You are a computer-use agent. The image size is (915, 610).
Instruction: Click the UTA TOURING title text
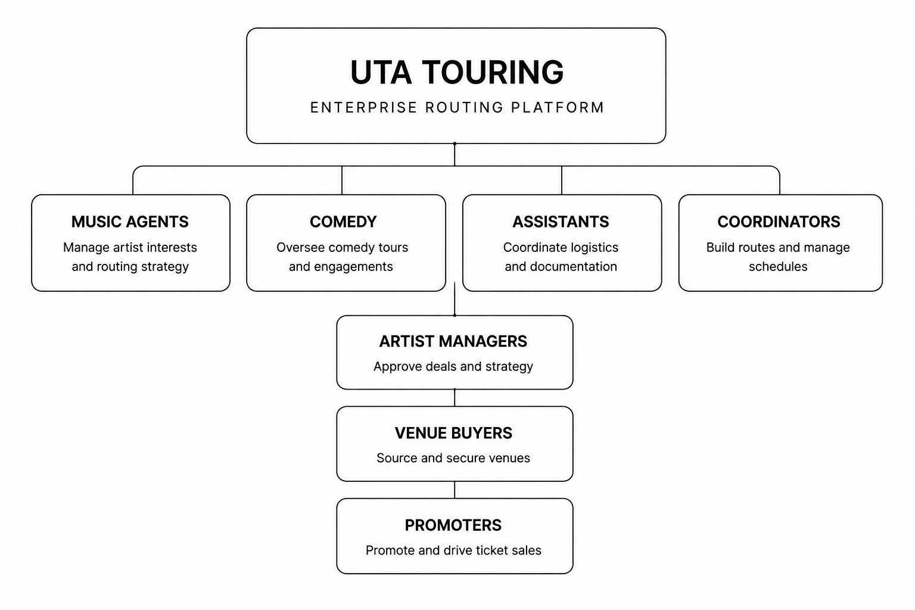(457, 72)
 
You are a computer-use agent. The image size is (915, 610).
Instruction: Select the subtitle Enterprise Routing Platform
(457, 107)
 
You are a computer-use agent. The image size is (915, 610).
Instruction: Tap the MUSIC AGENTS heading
(130, 222)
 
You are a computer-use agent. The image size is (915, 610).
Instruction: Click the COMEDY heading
(343, 222)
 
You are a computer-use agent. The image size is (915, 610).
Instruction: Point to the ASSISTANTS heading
(561, 222)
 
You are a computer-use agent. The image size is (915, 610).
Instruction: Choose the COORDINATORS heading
(779, 222)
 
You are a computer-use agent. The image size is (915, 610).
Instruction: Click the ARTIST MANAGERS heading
(453, 341)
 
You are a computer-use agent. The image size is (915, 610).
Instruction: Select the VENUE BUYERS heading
(453, 433)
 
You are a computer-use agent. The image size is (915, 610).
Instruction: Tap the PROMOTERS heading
(453, 525)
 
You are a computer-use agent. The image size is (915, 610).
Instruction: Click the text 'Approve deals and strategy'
(453, 366)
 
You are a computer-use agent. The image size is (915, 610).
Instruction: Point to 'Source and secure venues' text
(453, 458)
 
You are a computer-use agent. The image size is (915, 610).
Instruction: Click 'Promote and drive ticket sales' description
(453, 550)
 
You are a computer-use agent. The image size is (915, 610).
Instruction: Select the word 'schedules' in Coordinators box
(778, 266)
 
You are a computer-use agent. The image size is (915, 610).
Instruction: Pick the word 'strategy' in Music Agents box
(165, 267)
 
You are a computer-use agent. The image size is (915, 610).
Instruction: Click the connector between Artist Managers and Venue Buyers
(455, 397)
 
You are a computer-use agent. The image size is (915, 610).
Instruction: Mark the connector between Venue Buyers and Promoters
(455, 490)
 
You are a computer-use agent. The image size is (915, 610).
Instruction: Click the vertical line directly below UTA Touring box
(455, 154)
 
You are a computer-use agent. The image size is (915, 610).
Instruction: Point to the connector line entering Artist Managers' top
(455, 298)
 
